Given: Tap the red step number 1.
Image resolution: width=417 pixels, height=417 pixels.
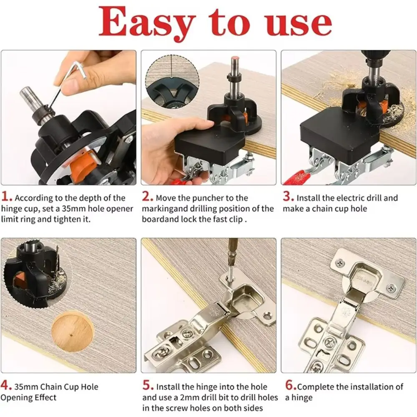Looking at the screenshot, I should click(x=6, y=197).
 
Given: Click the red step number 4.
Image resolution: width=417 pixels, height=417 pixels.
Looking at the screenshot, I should click(x=6, y=386).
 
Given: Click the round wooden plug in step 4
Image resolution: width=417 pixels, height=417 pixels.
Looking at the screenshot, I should click(x=73, y=332).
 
